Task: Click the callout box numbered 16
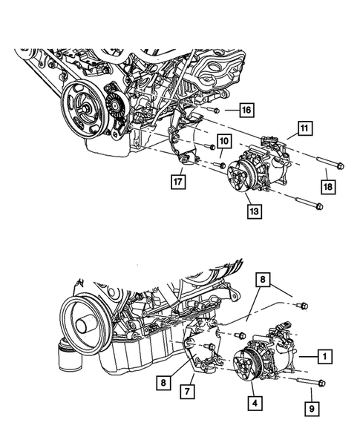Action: [246, 111]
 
